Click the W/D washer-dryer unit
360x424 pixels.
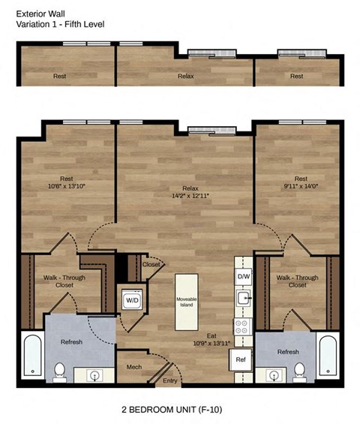(x=131, y=300)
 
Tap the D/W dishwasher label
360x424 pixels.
(x=243, y=277)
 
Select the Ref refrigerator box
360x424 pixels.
(x=240, y=360)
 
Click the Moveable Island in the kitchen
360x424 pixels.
(x=187, y=302)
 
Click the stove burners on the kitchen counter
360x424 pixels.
(x=243, y=327)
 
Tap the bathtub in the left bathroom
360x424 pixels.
(x=31, y=355)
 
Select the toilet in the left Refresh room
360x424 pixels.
(x=60, y=369)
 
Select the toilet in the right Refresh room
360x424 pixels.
(x=299, y=369)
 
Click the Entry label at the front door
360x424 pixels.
(x=171, y=381)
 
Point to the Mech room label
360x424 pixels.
(x=133, y=368)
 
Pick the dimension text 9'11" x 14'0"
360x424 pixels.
(x=295, y=185)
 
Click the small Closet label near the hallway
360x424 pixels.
(x=151, y=264)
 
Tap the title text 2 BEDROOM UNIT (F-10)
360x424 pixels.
(x=172, y=410)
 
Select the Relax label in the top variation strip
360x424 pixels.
(x=186, y=76)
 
